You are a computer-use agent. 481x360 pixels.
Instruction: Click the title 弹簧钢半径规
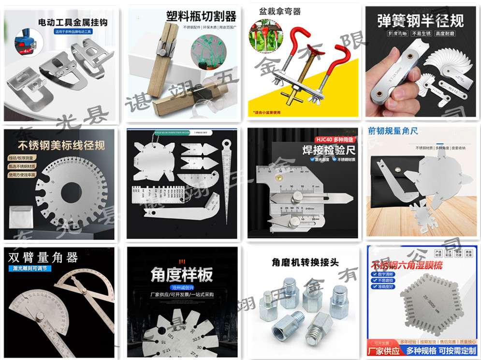pos(420,20)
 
